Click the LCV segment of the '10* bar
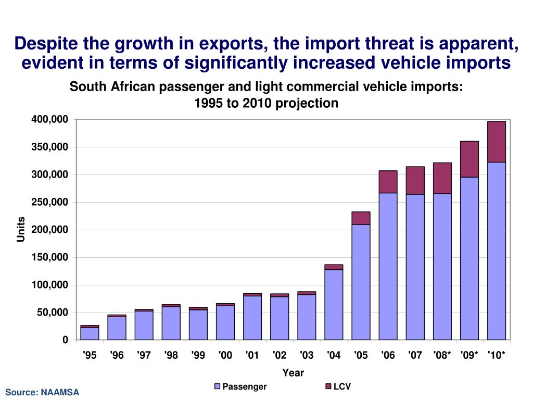pyautogui.click(x=496, y=142)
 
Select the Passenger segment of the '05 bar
pyautogui.click(x=361, y=282)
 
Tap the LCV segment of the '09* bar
pyautogui.click(x=469, y=159)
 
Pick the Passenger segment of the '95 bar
pyautogui.click(x=90, y=333)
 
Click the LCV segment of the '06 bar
pyautogui.click(x=388, y=182)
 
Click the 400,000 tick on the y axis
pyautogui.click(x=50, y=120)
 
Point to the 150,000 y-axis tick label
pyautogui.click(x=50, y=257)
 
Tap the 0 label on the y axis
pyautogui.click(x=65, y=340)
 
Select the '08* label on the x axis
pyautogui.click(x=442, y=355)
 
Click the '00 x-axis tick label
pyautogui.click(x=225, y=355)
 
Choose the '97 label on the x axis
pyautogui.click(x=144, y=355)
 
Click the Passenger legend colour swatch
pyautogui.click(x=218, y=386)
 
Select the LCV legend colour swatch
pyautogui.click(x=328, y=386)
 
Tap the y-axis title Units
pyautogui.click(x=21, y=229)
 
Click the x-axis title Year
pyautogui.click(x=293, y=372)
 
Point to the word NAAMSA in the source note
pyautogui.click(x=60, y=392)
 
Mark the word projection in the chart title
pyautogui.click(x=307, y=103)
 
